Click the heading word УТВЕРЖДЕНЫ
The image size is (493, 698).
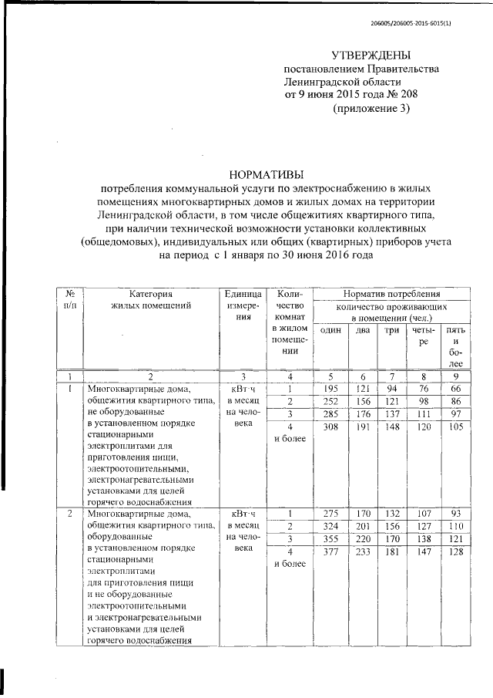[371, 56]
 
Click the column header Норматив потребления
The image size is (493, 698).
[391, 294]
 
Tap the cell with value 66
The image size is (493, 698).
[456, 389]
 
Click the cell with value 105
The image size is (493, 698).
[456, 427]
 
